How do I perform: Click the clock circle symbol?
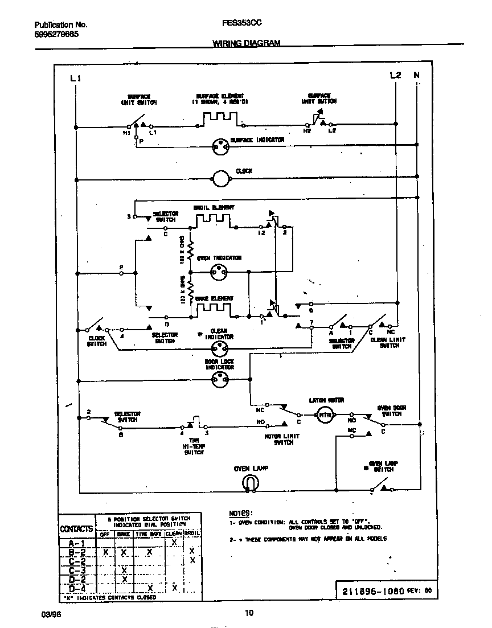220,179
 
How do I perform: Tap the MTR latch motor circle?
325,414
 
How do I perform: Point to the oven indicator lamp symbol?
219,272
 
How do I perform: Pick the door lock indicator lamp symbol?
219,383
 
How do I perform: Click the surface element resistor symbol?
219,118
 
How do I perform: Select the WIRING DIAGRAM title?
246,43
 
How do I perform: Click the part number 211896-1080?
372,590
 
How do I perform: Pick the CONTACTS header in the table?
76,529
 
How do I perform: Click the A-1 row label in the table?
76,543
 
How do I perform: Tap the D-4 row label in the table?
76,588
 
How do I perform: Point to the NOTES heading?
241,512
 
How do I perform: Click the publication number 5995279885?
56,34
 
